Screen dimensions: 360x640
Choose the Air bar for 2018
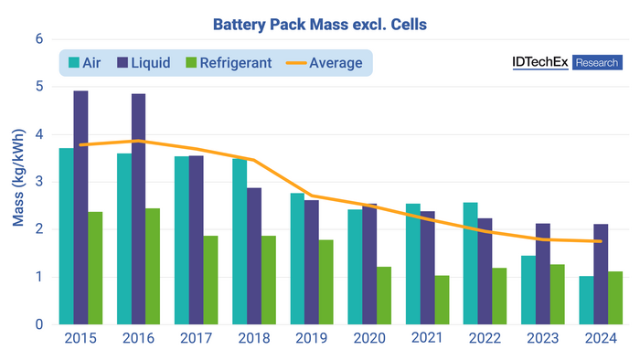[240, 241]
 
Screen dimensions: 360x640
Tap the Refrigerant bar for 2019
[326, 282]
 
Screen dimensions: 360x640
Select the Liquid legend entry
[151, 63]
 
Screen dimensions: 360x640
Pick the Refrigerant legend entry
[228, 63]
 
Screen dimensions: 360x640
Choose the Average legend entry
[325, 63]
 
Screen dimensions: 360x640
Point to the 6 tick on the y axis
[38, 39]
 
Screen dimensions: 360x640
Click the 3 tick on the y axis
[38, 182]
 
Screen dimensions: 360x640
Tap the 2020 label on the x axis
[369, 338]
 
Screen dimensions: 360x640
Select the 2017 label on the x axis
[197, 338]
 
